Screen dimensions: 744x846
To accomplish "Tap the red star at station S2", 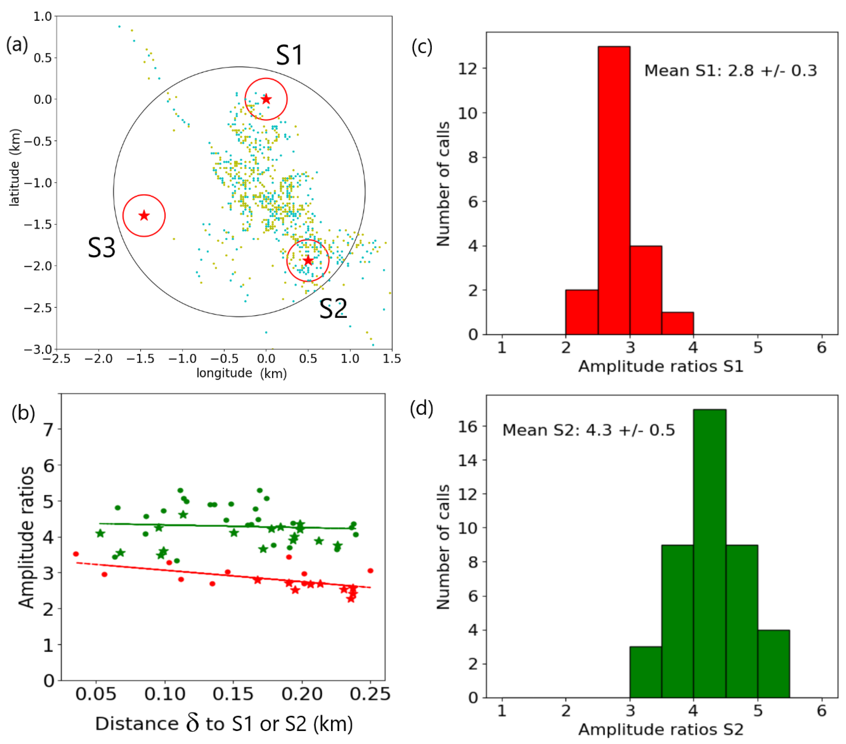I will [x=308, y=260].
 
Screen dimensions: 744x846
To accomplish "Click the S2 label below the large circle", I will [x=333, y=309].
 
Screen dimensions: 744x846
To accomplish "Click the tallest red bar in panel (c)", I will [x=614, y=190].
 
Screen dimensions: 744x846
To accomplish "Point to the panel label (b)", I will [x=23, y=413].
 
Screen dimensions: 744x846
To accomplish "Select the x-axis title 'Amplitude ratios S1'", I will [x=661, y=366].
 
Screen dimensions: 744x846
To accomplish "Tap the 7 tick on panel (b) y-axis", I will [x=49, y=430].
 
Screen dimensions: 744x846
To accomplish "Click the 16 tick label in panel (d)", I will [x=468, y=426].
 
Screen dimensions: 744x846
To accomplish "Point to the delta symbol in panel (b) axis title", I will [x=192, y=723].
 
